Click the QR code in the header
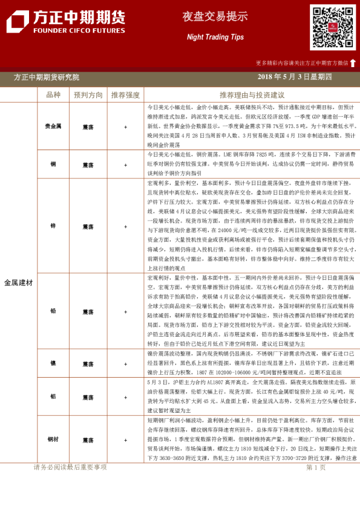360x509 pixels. point(333,27)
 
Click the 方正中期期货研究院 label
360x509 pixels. point(47,77)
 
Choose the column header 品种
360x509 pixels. point(53,95)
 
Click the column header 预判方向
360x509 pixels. point(88,95)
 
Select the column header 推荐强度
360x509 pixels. point(125,95)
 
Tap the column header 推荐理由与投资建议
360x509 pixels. point(252,95)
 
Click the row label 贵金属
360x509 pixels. point(53,126)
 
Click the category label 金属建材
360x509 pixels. point(19,282)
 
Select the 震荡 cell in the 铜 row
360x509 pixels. point(88,165)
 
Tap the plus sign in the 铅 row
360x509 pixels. point(125,311)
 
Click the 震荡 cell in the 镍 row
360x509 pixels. point(88,364)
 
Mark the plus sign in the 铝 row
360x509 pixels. point(125,397)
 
